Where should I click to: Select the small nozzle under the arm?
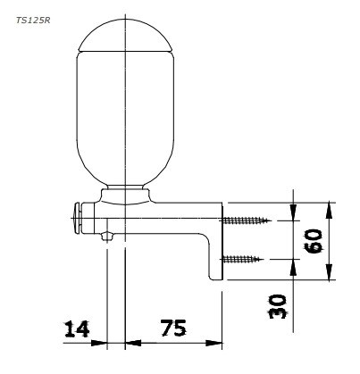108,237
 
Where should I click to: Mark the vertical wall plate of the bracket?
214,254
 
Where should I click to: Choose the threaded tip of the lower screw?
263,259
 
